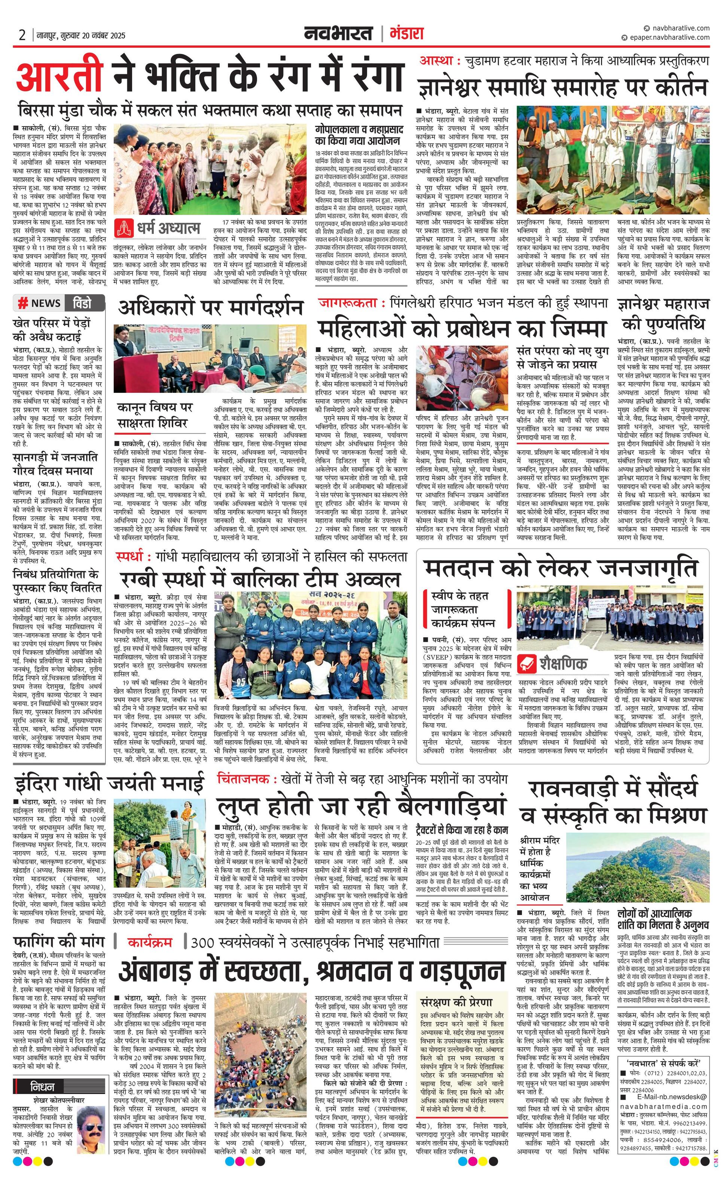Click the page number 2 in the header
pos(22,35)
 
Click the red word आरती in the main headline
pos(59,77)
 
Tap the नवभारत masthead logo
pos(338,34)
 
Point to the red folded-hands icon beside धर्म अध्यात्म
pos(124,228)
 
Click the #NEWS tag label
pos(40,303)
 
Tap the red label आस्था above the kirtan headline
pos(436,61)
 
